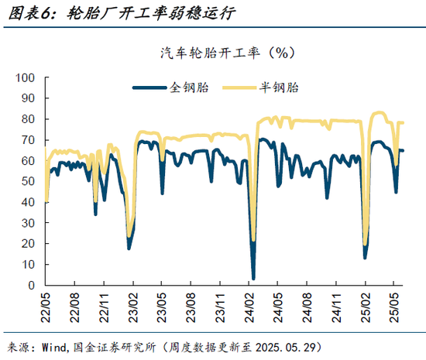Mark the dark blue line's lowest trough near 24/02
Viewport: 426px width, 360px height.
pos(253,278)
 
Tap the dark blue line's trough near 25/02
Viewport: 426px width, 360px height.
pos(365,256)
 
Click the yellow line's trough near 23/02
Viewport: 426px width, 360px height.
pos(129,236)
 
